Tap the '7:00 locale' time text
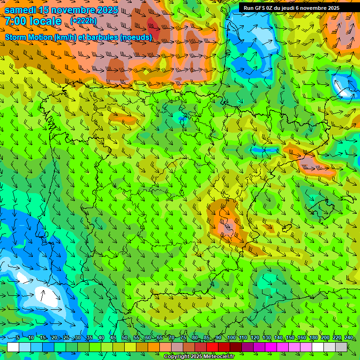pyautogui.click(x=33, y=21)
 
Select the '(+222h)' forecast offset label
pyautogui.click(x=83, y=21)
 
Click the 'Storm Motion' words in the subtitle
pyautogui.click(x=29, y=37)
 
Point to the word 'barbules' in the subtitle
pyautogui.click(x=104, y=37)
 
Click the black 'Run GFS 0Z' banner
pyautogui.click(x=292, y=7)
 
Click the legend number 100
pyautogui.click(x=232, y=338)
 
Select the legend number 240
pyautogui.click(x=349, y=338)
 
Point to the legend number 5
pyautogui.click(x=17, y=338)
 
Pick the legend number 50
pyautogui.click(x=124, y=338)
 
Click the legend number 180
pyautogui.click(x=313, y=338)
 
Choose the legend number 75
pyautogui.click(x=183, y=338)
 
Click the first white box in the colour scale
pyautogui.click(x=13, y=347)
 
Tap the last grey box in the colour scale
pyautogui.click(x=341, y=347)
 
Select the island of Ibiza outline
pyautogui.click(x=286, y=228)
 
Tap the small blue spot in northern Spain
pyautogui.click(x=182, y=119)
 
